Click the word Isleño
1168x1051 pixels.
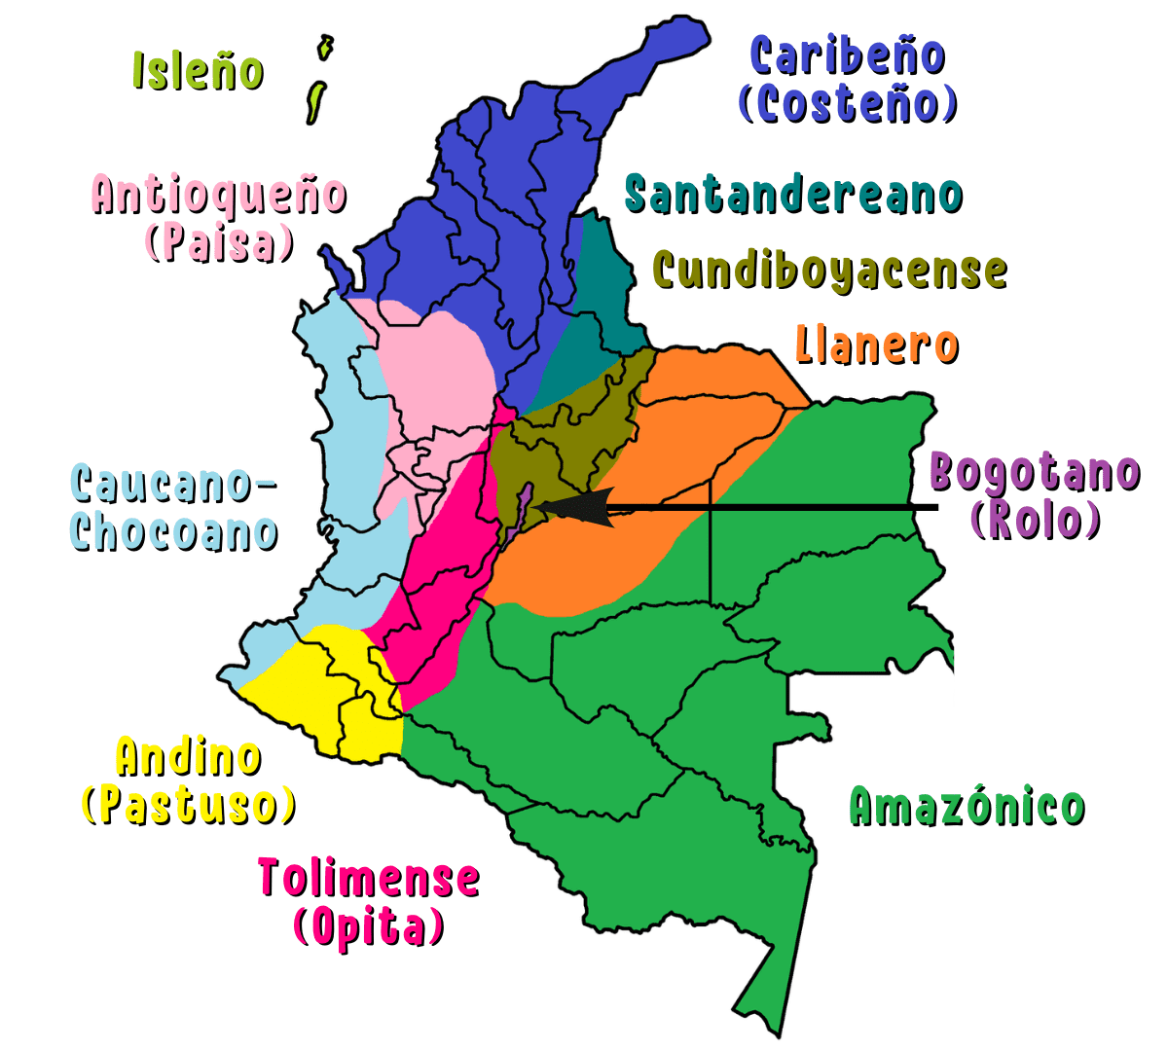tap(198, 71)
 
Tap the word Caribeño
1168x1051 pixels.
tap(847, 55)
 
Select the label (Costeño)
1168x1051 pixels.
tap(848, 104)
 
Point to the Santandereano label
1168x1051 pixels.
tap(793, 195)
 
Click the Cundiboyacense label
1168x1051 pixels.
tap(829, 270)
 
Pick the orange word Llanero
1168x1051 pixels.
tap(877, 344)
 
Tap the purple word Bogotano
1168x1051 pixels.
tap(1035, 473)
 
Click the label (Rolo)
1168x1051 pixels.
tap(1036, 520)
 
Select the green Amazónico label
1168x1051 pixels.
tap(967, 806)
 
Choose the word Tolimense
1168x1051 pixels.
tap(369, 878)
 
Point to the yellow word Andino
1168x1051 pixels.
tap(189, 757)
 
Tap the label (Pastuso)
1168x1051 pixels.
tap(189, 805)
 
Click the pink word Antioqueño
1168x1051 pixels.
tap(220, 195)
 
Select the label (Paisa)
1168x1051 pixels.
tap(220, 242)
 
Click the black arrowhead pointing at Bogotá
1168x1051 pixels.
tap(574, 507)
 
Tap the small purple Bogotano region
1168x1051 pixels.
tap(522, 506)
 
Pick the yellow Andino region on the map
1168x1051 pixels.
tap(331, 681)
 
